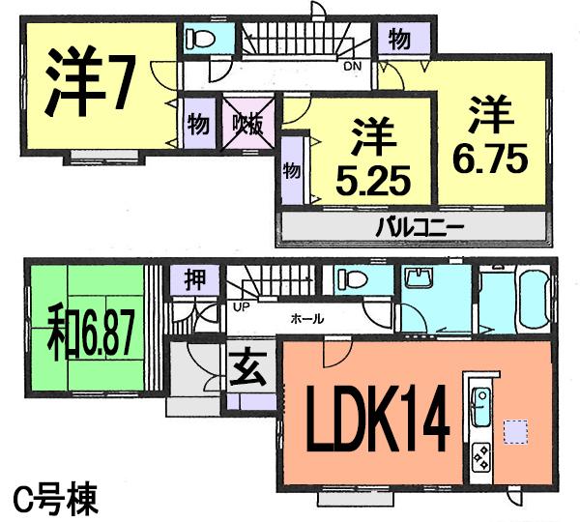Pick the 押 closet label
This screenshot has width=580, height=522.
193,281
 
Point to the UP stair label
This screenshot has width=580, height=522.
239,308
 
